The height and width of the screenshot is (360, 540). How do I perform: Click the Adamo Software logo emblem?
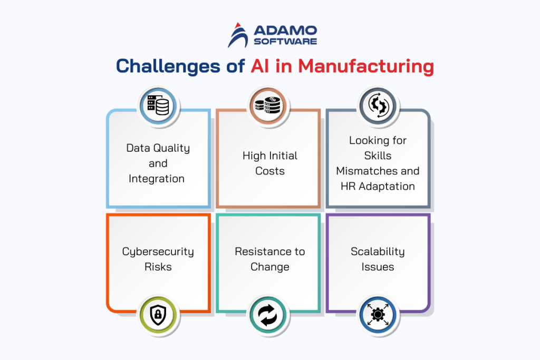[x=237, y=34]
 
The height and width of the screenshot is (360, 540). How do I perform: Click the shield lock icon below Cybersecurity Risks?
[x=159, y=316]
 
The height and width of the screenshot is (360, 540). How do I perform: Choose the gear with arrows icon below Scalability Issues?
[x=378, y=316]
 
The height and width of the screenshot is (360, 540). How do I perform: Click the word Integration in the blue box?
[x=157, y=179]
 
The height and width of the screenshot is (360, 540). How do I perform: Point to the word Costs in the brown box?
[x=270, y=171]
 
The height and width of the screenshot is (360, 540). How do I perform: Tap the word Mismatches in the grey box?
[x=378, y=171]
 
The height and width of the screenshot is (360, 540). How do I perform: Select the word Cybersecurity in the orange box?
[x=158, y=251]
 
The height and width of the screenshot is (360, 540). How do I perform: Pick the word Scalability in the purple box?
[x=378, y=251]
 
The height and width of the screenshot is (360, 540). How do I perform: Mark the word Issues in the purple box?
[x=378, y=267]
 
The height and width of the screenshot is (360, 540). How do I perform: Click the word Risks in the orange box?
[x=158, y=267]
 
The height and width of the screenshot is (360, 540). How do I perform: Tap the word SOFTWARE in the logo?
[x=285, y=41]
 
